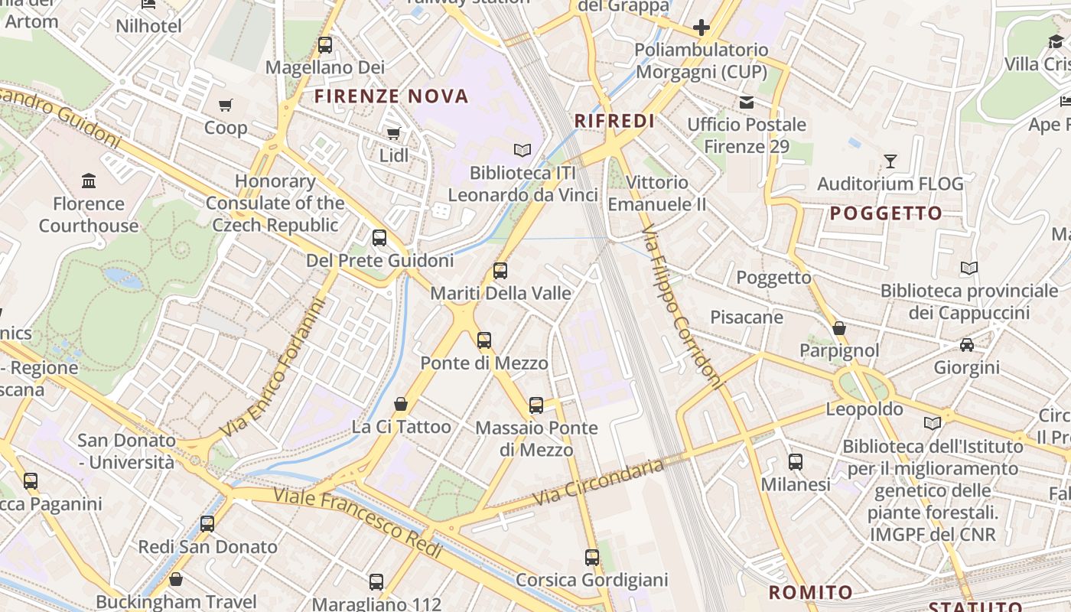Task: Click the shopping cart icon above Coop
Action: [225, 106]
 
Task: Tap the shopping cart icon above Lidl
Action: [394, 134]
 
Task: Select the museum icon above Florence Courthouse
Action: [89, 181]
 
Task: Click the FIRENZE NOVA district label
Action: [391, 96]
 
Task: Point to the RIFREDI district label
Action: [614, 121]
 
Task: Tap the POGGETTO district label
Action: [886, 213]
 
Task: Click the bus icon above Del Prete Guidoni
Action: [379, 238]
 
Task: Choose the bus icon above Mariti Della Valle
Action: [500, 270]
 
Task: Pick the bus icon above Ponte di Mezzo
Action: [484, 340]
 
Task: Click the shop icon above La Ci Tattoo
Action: [401, 404]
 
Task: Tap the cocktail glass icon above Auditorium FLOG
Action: [890, 161]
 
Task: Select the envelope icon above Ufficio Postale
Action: [746, 103]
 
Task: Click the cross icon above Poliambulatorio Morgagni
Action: [701, 28]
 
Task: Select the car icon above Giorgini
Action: [967, 345]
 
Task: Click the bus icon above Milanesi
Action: [796, 462]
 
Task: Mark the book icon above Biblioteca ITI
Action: [522, 151]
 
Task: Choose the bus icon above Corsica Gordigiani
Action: [592, 558]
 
